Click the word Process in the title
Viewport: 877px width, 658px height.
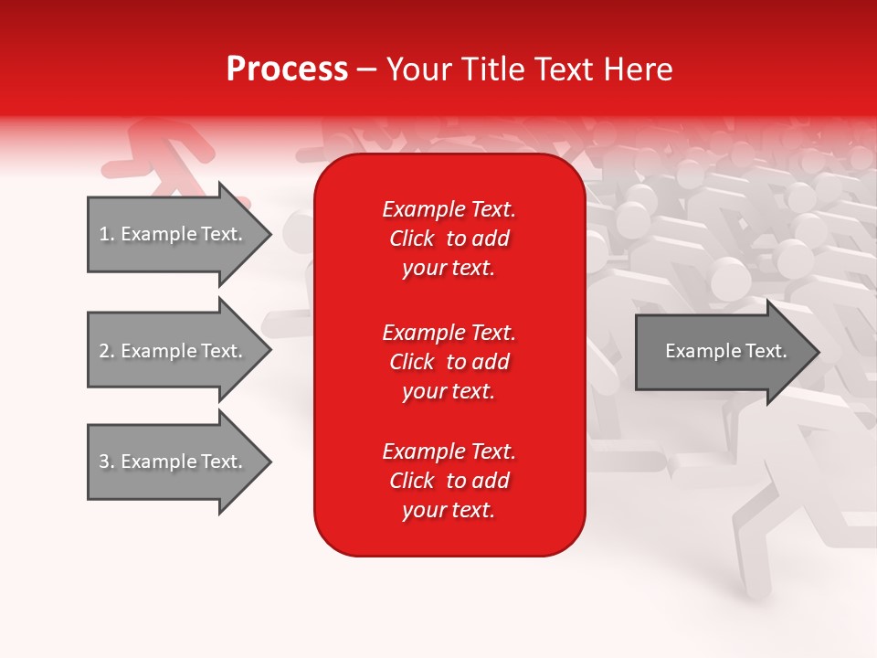coord(287,69)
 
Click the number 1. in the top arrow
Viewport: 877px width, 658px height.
coord(107,235)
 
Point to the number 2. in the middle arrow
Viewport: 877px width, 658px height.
coord(107,352)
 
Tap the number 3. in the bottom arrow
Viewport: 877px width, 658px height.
coord(107,462)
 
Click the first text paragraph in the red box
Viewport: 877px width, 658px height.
coord(449,239)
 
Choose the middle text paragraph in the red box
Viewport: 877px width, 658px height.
coord(449,362)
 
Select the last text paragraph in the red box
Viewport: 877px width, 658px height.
coord(449,481)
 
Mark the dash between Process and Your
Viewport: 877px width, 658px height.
coord(367,70)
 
